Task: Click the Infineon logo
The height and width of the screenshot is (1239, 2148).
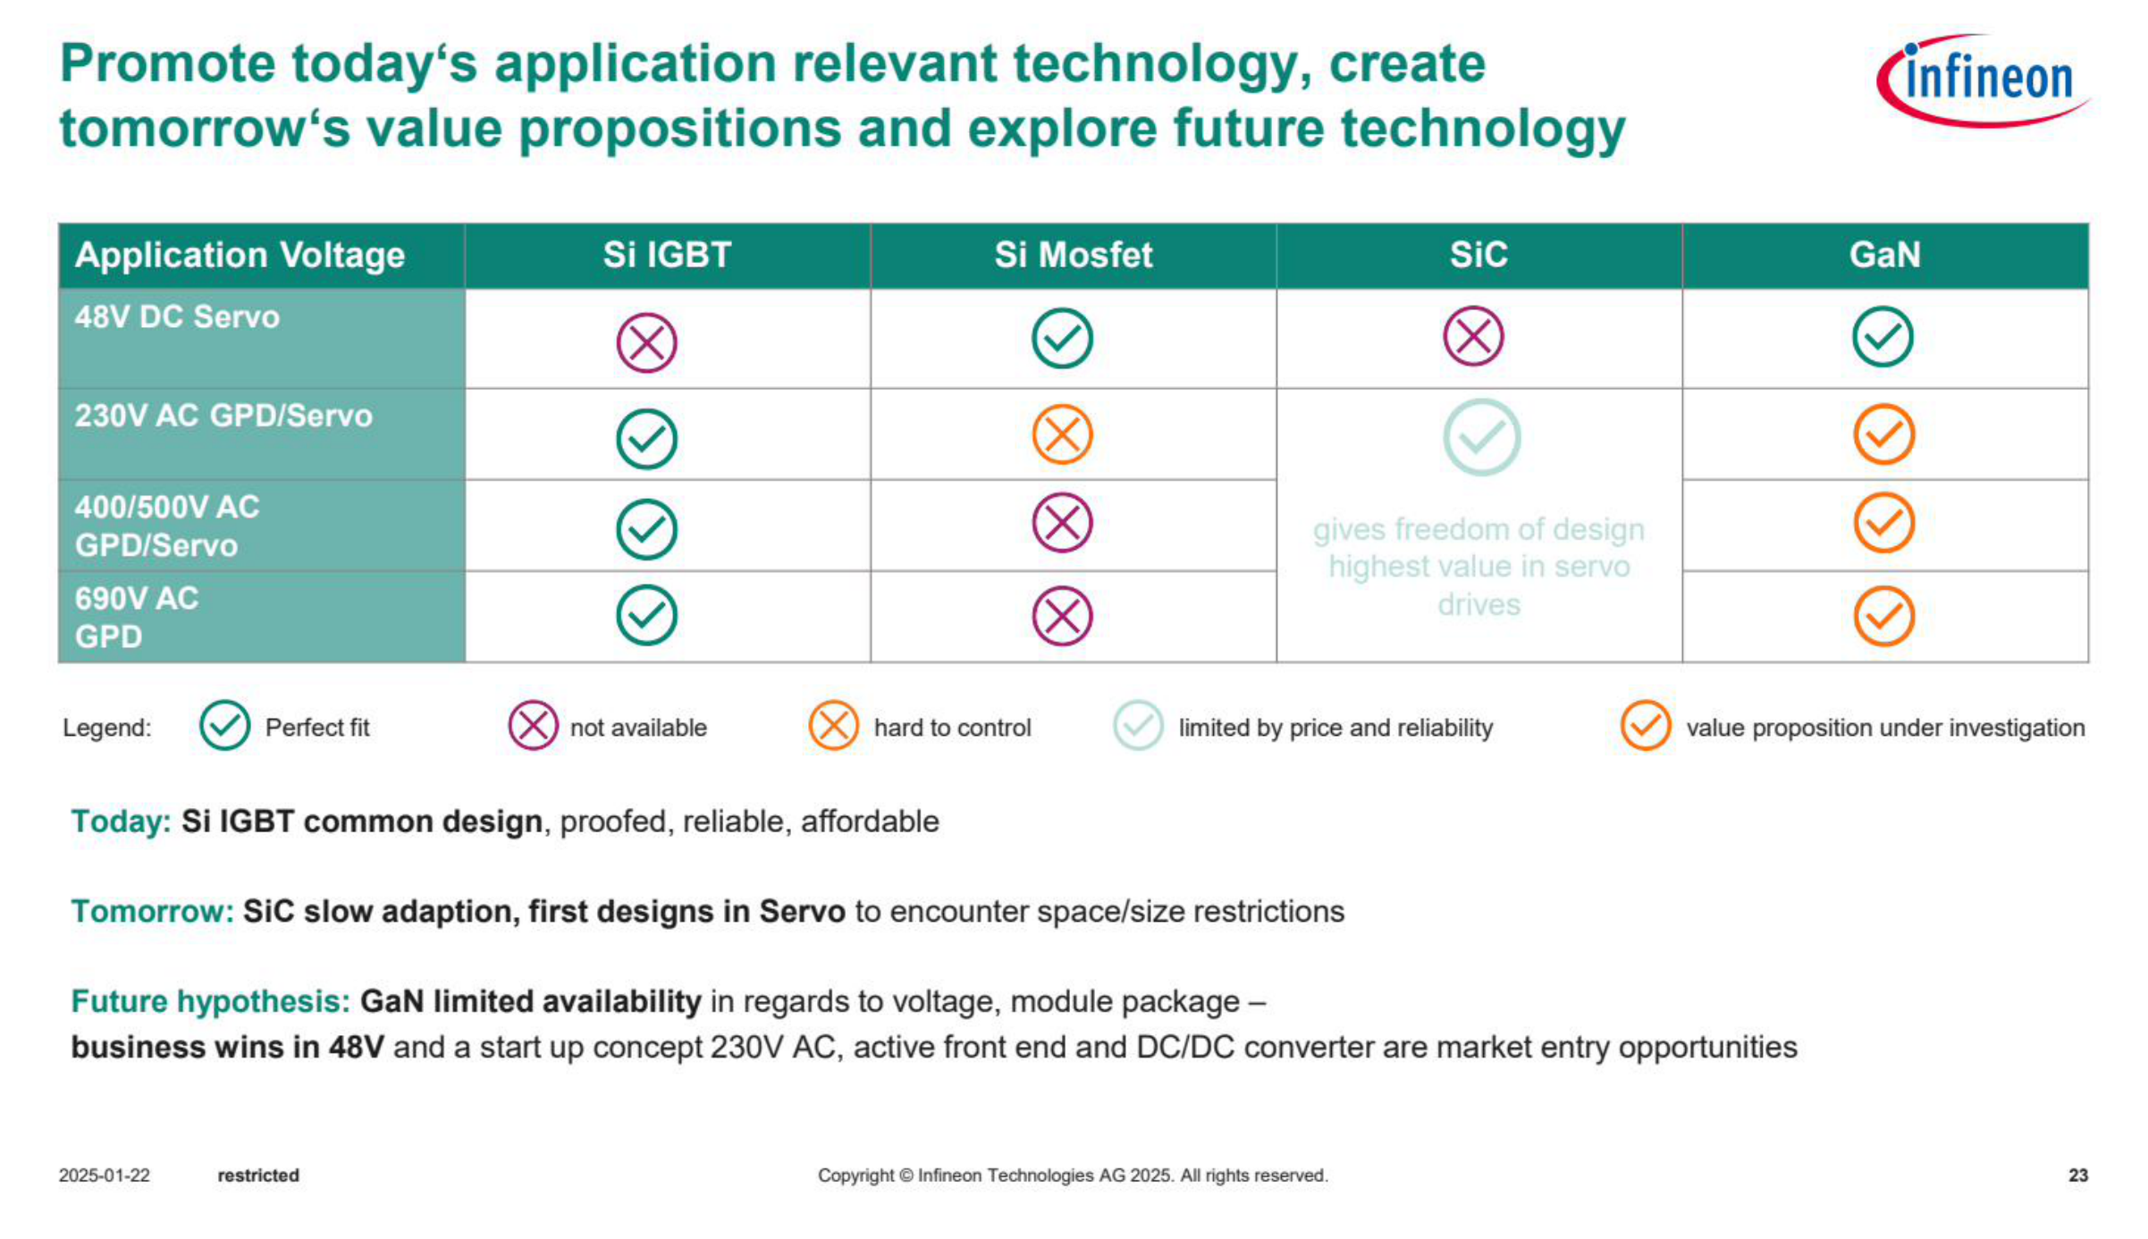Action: [1982, 80]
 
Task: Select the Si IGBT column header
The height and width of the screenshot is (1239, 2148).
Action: [667, 255]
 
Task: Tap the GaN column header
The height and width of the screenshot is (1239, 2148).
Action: [1884, 255]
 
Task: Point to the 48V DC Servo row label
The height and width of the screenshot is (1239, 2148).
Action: [177, 317]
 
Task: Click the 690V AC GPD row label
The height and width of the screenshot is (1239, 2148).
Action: [137, 617]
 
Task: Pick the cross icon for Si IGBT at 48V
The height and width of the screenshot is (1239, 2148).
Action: [646, 342]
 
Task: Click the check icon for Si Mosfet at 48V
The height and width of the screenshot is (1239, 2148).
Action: [1062, 339]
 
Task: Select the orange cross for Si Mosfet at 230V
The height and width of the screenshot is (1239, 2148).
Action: [1062, 435]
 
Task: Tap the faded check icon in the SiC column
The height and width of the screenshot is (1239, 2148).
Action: [1482, 437]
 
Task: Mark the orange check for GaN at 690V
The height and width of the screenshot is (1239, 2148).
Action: [1884, 616]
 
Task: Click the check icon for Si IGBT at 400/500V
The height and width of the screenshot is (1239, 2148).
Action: [646, 529]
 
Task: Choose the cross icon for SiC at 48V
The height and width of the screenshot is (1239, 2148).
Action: [1474, 336]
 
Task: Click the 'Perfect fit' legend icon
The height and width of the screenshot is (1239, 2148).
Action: [224, 725]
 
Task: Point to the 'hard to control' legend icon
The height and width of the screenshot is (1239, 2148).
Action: [833, 725]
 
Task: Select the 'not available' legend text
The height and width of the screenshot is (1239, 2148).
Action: [638, 728]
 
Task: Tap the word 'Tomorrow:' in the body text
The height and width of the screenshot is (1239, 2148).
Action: [152, 911]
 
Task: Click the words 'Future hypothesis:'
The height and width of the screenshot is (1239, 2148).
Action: [211, 1001]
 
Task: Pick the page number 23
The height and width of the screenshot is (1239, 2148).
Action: [2078, 1176]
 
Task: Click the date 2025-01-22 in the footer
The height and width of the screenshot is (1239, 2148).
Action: [105, 1176]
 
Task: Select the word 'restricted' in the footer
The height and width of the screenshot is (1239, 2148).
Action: [258, 1176]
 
